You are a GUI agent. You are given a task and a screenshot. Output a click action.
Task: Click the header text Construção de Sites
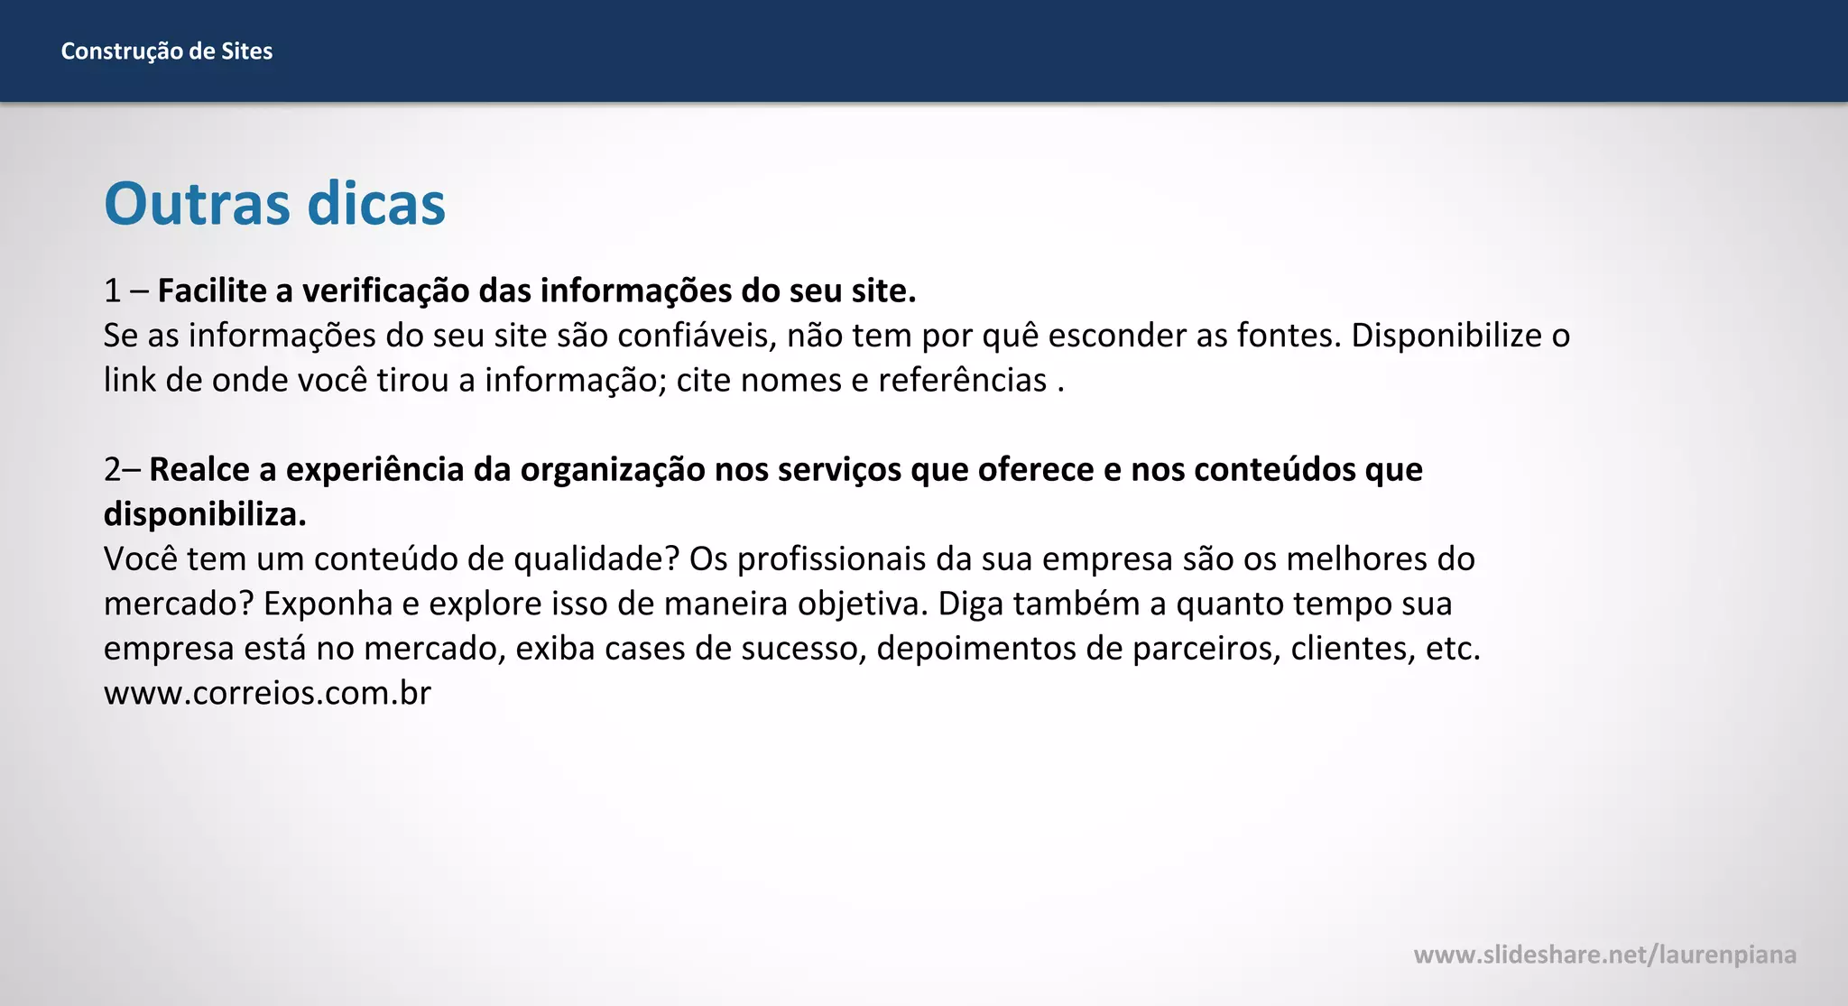(x=166, y=51)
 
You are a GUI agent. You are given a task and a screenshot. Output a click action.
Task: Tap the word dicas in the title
(x=376, y=204)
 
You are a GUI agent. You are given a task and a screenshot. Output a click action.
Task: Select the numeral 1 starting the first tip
(x=112, y=291)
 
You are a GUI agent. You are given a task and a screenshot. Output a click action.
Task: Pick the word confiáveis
(x=697, y=336)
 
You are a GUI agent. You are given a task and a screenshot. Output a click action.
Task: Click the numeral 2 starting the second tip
(x=112, y=469)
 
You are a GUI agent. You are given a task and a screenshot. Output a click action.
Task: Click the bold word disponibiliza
(x=205, y=514)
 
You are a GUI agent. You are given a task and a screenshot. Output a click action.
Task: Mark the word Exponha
(x=328, y=604)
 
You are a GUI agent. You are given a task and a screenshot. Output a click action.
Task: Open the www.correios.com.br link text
(x=267, y=693)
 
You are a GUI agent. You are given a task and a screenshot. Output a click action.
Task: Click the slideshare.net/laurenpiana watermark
(x=1604, y=955)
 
